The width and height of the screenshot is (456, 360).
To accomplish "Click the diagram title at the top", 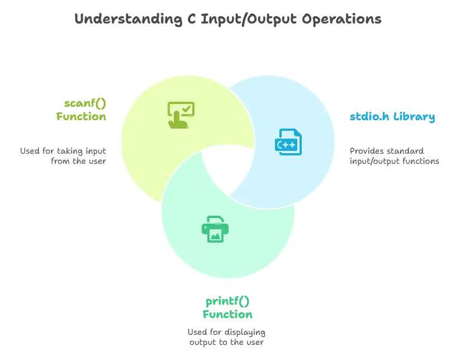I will [228, 20].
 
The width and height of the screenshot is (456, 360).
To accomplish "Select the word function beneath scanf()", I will [81, 116].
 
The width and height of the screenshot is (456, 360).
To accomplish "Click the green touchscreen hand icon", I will [180, 115].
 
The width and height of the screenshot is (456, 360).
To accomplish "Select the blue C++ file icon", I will [288, 142].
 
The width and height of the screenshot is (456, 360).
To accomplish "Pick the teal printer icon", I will [215, 229].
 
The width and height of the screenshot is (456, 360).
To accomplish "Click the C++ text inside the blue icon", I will [286, 145].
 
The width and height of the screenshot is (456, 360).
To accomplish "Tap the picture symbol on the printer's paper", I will [215, 235].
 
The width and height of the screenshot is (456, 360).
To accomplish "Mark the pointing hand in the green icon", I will [178, 120].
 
